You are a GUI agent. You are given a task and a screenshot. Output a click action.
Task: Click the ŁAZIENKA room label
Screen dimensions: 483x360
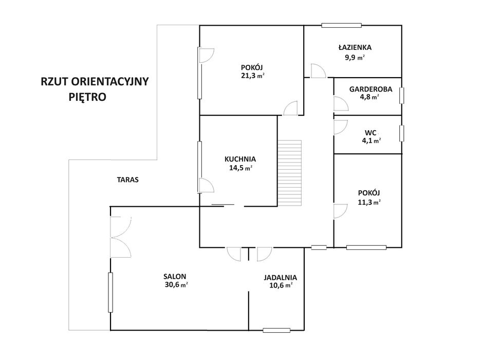coord(355,47)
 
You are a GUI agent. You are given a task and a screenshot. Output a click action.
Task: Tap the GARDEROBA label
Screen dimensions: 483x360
coord(370,89)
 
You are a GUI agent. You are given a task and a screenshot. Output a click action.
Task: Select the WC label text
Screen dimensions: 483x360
coord(370,133)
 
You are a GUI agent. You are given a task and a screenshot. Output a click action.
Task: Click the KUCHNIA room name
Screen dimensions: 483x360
coord(240,159)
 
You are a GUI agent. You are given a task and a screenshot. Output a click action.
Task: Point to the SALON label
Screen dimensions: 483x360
coord(175,277)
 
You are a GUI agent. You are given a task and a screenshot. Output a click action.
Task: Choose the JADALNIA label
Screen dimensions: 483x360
coord(281,277)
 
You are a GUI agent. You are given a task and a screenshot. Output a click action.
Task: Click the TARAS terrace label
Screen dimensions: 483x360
coord(128,179)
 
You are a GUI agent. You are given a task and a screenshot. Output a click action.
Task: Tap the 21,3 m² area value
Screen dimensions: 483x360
coord(252,76)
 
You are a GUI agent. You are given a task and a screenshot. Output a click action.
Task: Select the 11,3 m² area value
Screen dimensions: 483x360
coord(369,202)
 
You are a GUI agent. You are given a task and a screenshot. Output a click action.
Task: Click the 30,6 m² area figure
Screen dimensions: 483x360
coord(176,285)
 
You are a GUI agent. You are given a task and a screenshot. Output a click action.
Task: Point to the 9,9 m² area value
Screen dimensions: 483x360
coord(355,57)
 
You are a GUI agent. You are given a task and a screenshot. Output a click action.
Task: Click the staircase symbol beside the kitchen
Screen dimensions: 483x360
coord(290,173)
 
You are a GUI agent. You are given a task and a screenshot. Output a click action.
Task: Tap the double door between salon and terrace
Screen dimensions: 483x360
coord(121,237)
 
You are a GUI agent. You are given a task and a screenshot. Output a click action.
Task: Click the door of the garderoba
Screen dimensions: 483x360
coord(341,103)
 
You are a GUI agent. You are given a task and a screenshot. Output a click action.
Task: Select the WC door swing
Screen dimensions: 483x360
coord(341,127)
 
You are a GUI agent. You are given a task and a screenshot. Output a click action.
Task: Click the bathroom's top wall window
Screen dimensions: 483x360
coord(341,26)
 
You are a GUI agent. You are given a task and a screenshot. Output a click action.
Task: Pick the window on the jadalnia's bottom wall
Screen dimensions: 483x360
coord(276,330)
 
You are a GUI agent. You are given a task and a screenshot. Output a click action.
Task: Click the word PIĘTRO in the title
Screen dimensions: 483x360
coord(87,97)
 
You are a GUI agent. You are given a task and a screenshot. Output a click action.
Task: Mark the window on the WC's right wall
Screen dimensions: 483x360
coord(402,134)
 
